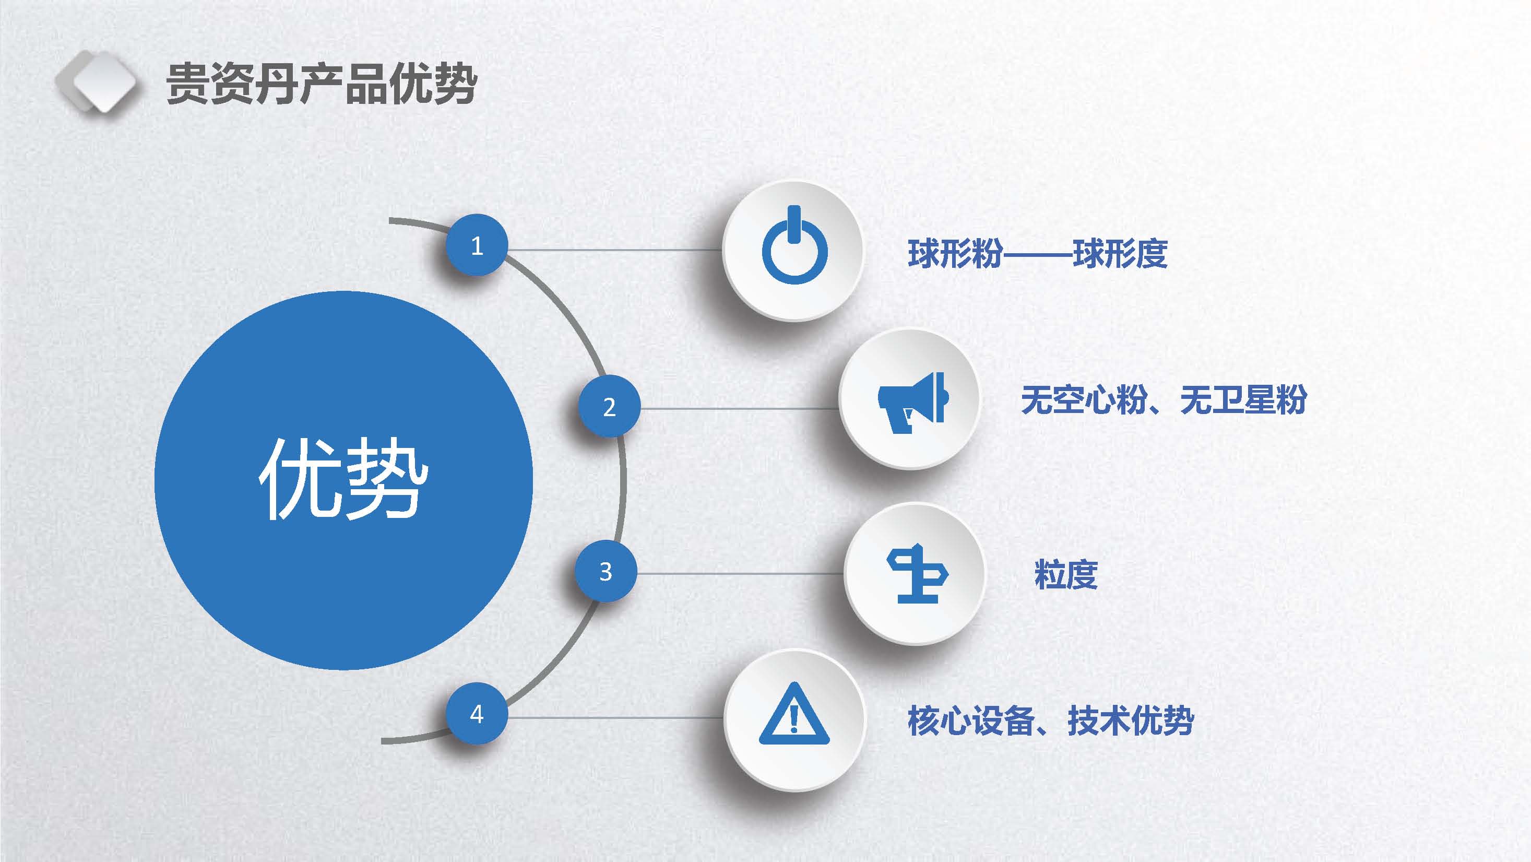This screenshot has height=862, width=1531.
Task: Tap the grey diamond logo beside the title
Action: pyautogui.click(x=96, y=82)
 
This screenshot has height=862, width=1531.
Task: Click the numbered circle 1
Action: pyautogui.click(x=477, y=245)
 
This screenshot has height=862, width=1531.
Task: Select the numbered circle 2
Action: pyautogui.click(x=609, y=407)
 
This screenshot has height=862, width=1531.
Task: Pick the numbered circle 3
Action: pyautogui.click(x=606, y=571)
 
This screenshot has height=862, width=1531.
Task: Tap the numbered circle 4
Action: pyautogui.click(x=477, y=713)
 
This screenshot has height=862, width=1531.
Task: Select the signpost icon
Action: pyautogui.click(x=917, y=574)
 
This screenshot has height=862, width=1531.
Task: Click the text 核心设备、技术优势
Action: pyautogui.click(x=1051, y=721)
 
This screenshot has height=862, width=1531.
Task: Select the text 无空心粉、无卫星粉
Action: pyautogui.click(x=1164, y=399)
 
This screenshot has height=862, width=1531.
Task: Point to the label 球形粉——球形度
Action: pyautogui.click(x=1038, y=254)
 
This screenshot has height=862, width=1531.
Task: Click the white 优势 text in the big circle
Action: pyautogui.click(x=343, y=479)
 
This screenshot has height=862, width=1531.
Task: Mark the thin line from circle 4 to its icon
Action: pyautogui.click(x=616, y=718)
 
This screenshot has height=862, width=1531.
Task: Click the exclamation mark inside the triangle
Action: pyautogui.click(x=794, y=718)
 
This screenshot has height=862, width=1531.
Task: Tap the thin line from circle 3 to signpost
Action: pyautogui.click(x=741, y=574)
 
